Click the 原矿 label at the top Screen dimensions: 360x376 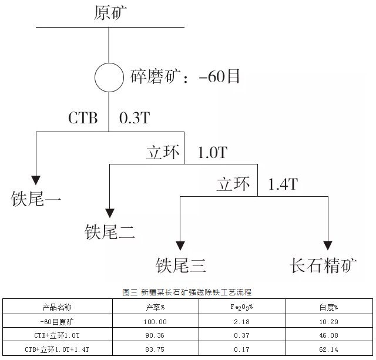(x=110, y=12)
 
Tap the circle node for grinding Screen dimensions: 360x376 (x=110, y=76)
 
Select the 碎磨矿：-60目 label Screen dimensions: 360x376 (x=184, y=77)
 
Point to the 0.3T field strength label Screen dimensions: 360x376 (x=135, y=117)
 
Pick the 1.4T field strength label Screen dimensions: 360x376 (x=283, y=184)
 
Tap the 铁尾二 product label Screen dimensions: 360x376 (x=110, y=233)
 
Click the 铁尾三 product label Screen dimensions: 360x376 (x=180, y=265)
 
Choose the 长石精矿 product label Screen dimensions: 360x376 (x=324, y=265)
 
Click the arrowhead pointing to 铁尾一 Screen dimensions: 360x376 (x=36, y=179)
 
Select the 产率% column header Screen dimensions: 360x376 (x=155, y=307)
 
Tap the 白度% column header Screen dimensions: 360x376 (x=329, y=307)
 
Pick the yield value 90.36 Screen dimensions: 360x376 (x=155, y=336)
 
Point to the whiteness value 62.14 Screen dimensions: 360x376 (x=329, y=349)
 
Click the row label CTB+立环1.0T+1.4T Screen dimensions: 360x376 (x=57, y=349)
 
